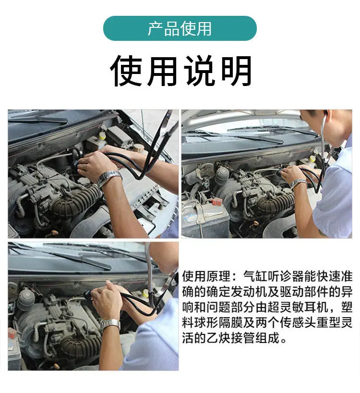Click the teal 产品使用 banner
point(180,28)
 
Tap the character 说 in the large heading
point(199,71)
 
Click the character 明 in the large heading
point(236,71)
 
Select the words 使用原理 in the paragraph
point(206,276)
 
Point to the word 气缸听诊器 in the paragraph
point(274,276)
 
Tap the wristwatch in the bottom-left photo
point(110,325)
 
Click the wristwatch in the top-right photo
point(298,183)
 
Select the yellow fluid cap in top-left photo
point(102,136)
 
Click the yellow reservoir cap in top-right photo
point(312,159)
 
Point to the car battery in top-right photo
point(205,218)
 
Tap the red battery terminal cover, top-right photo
point(216,201)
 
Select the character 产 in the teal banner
point(155,28)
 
